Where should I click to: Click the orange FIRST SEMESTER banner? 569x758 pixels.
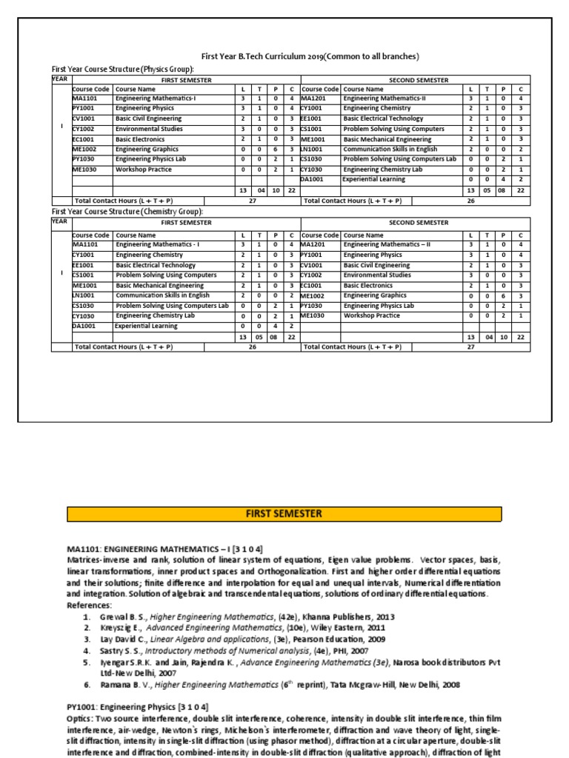click(284, 514)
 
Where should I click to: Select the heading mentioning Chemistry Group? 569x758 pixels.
click(127, 211)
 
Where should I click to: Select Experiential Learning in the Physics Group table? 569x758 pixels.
click(373, 179)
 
